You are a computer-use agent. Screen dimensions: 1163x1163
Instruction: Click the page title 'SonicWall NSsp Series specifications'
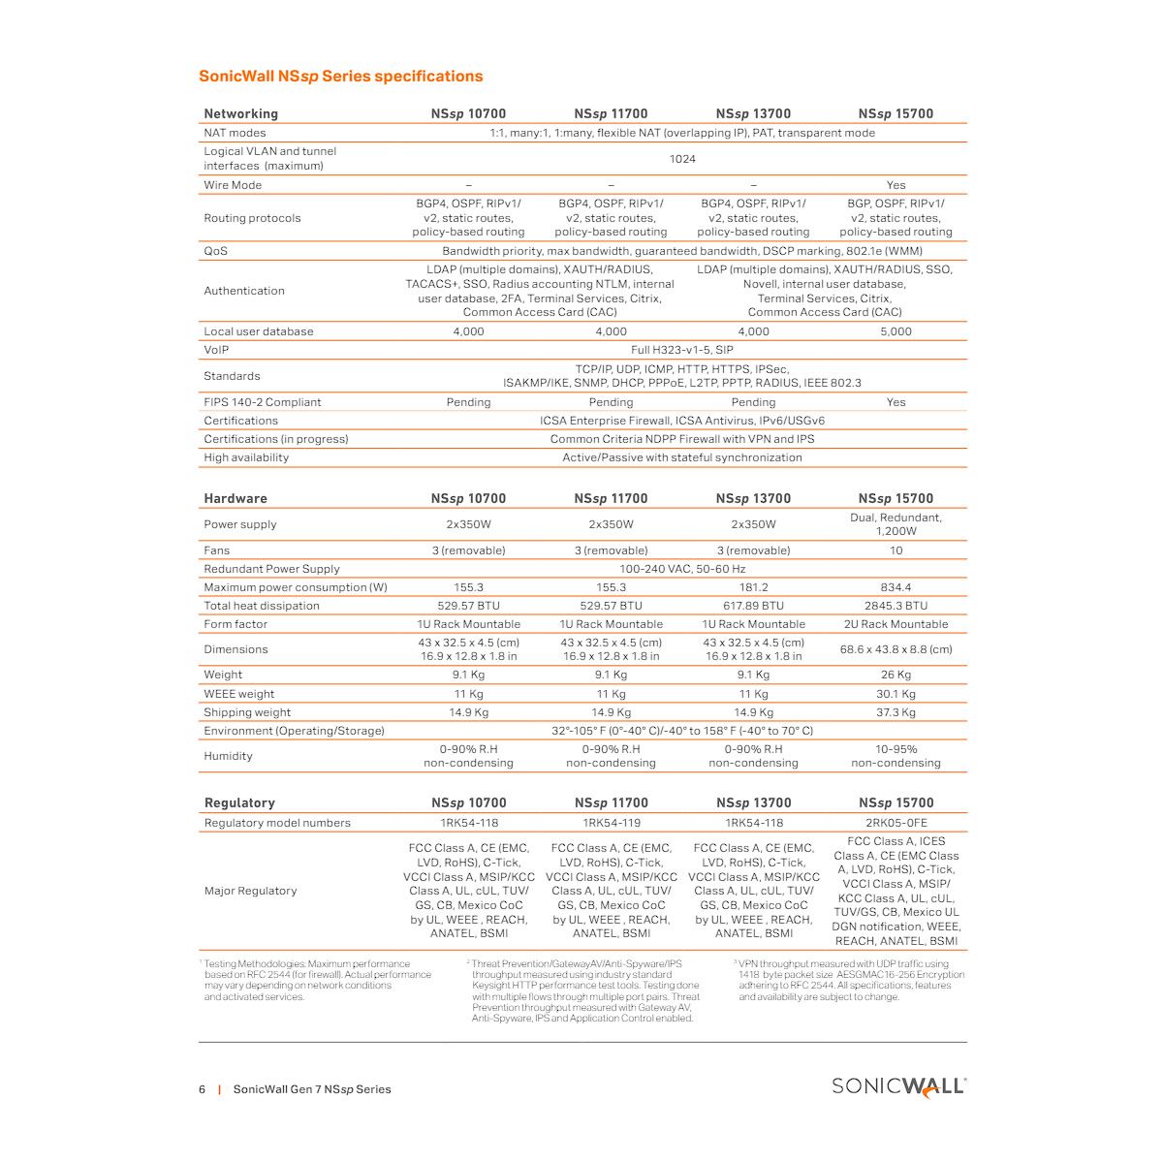[340, 77]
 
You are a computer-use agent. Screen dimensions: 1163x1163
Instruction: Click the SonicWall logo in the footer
[898, 1086]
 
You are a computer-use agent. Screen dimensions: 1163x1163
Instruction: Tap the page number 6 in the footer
[203, 1089]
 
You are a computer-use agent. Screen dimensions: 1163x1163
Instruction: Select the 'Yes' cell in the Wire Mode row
[896, 185]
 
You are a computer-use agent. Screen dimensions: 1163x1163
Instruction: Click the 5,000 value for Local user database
[896, 331]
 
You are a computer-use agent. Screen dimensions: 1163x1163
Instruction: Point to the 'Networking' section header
[240, 113]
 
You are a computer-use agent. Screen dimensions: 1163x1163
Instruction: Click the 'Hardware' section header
[236, 498]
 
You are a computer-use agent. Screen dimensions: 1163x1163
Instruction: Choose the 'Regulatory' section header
[239, 802]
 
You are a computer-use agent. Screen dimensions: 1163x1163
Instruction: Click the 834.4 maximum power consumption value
[896, 587]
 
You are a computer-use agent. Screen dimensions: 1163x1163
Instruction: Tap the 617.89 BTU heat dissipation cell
[753, 606]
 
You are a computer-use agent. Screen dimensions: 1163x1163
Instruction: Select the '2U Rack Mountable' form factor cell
[896, 624]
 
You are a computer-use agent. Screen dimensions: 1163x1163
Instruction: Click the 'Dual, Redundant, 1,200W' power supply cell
[896, 524]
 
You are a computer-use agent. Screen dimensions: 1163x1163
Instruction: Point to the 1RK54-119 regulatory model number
[611, 823]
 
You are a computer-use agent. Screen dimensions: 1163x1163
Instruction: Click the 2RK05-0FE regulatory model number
[896, 823]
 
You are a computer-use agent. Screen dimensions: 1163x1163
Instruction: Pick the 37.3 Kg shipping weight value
[896, 712]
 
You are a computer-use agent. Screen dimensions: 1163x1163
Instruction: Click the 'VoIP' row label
[216, 350]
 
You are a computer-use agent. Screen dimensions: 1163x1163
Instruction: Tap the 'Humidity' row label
[228, 756]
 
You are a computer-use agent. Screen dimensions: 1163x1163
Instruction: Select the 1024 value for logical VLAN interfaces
[682, 159]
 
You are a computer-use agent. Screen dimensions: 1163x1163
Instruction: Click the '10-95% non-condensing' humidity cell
[896, 756]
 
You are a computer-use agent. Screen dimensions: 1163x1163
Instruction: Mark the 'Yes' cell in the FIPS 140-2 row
[896, 402]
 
